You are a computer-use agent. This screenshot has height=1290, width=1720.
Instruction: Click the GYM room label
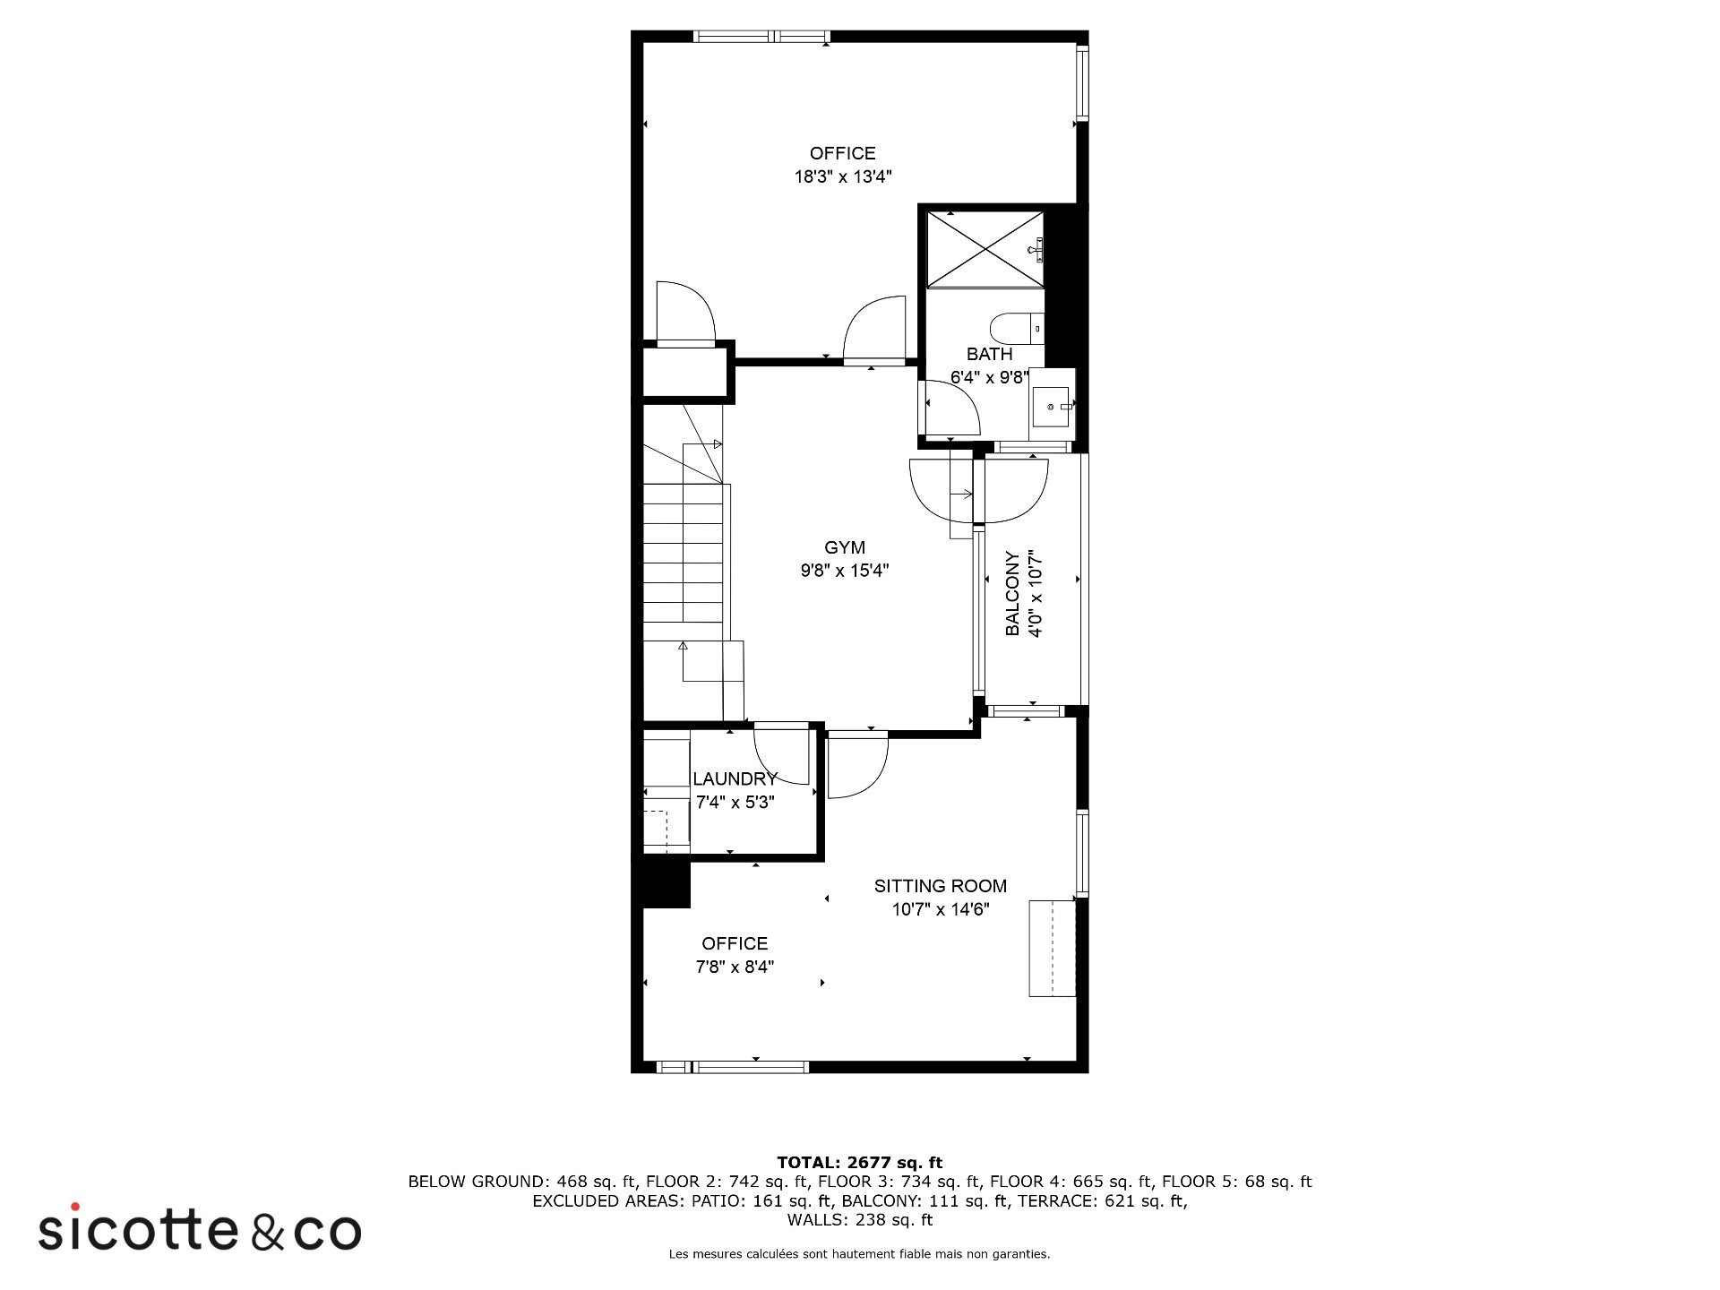coord(844,547)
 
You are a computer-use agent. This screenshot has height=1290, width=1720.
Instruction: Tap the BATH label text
coord(989,354)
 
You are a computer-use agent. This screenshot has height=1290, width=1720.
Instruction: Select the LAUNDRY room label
coord(735,778)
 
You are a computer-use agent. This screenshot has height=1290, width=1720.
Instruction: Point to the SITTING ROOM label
coord(940,886)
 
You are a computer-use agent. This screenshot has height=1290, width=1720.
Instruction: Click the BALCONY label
coord(1012,593)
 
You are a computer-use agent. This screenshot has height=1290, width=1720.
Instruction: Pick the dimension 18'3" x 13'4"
coord(843,176)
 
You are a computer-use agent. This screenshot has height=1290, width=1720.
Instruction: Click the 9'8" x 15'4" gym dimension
coord(845,571)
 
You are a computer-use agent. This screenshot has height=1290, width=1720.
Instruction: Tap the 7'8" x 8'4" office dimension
coord(735,967)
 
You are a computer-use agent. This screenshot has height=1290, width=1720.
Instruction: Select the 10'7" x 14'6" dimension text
coord(940,909)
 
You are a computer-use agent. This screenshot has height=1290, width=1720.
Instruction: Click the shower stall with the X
coord(985,249)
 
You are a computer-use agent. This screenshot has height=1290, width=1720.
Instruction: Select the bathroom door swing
coord(952,408)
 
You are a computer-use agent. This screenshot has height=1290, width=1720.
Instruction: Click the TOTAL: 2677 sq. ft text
coord(859,1163)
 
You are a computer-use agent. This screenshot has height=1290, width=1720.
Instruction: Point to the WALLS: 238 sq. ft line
coord(859,1220)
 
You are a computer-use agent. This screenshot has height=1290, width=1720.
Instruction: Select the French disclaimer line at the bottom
coord(859,1254)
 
